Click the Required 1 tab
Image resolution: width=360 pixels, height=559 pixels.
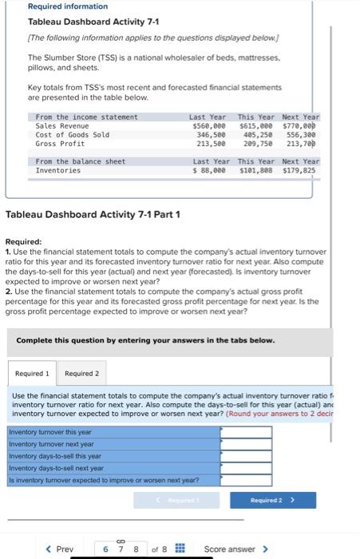pos(32,373)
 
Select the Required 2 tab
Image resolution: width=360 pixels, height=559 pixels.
pos(82,373)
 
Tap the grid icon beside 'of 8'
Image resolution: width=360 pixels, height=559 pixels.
pos(180,549)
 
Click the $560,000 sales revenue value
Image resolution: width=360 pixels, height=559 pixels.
pos(209,125)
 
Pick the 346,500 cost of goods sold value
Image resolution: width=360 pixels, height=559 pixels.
pos(211,135)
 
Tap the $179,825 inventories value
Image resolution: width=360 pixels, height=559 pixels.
pos(300,170)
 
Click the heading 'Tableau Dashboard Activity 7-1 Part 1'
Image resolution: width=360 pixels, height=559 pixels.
pos(93,215)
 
